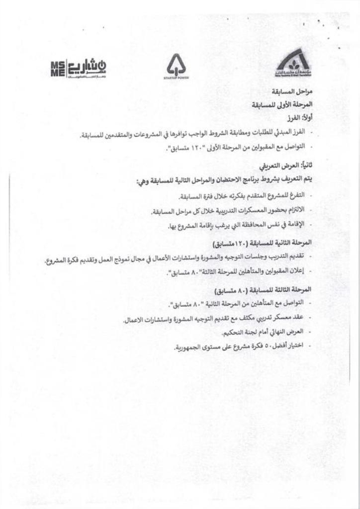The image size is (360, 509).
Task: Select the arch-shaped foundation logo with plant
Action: [293, 63]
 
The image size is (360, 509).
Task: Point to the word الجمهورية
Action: [190, 346]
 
